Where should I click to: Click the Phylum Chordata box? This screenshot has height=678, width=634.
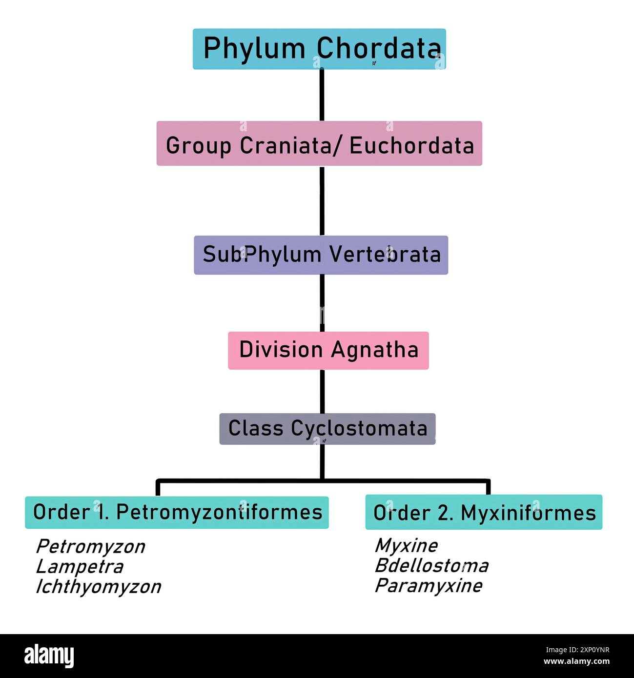(x=319, y=49)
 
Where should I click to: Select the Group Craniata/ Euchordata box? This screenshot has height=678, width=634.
(x=319, y=144)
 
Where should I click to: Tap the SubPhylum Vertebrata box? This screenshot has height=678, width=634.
(x=321, y=255)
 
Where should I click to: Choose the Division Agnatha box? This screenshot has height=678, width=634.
(x=328, y=350)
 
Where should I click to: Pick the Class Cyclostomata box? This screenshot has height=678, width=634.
(x=327, y=429)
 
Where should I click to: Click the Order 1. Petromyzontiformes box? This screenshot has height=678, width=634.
(x=177, y=512)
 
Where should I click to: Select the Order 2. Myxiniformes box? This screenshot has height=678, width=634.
(x=484, y=512)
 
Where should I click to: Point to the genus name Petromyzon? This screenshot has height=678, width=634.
(x=90, y=547)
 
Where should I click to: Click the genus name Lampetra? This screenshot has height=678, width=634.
(x=80, y=567)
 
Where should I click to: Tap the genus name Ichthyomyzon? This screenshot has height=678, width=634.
(x=98, y=587)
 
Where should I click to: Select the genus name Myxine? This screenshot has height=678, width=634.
(x=406, y=545)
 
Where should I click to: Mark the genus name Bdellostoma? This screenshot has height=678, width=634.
(x=431, y=566)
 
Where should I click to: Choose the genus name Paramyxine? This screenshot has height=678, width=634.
(x=428, y=586)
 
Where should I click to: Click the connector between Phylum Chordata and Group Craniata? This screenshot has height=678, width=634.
(x=322, y=95)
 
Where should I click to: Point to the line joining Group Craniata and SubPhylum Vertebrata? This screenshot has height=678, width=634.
(x=322, y=200)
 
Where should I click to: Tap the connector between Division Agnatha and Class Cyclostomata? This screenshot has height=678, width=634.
(x=322, y=391)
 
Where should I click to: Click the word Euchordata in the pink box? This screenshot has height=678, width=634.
(x=411, y=145)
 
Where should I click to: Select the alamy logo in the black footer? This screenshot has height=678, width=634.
(x=49, y=656)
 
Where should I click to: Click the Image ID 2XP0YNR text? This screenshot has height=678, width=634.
(x=578, y=650)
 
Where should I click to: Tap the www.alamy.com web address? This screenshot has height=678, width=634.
(x=576, y=662)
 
